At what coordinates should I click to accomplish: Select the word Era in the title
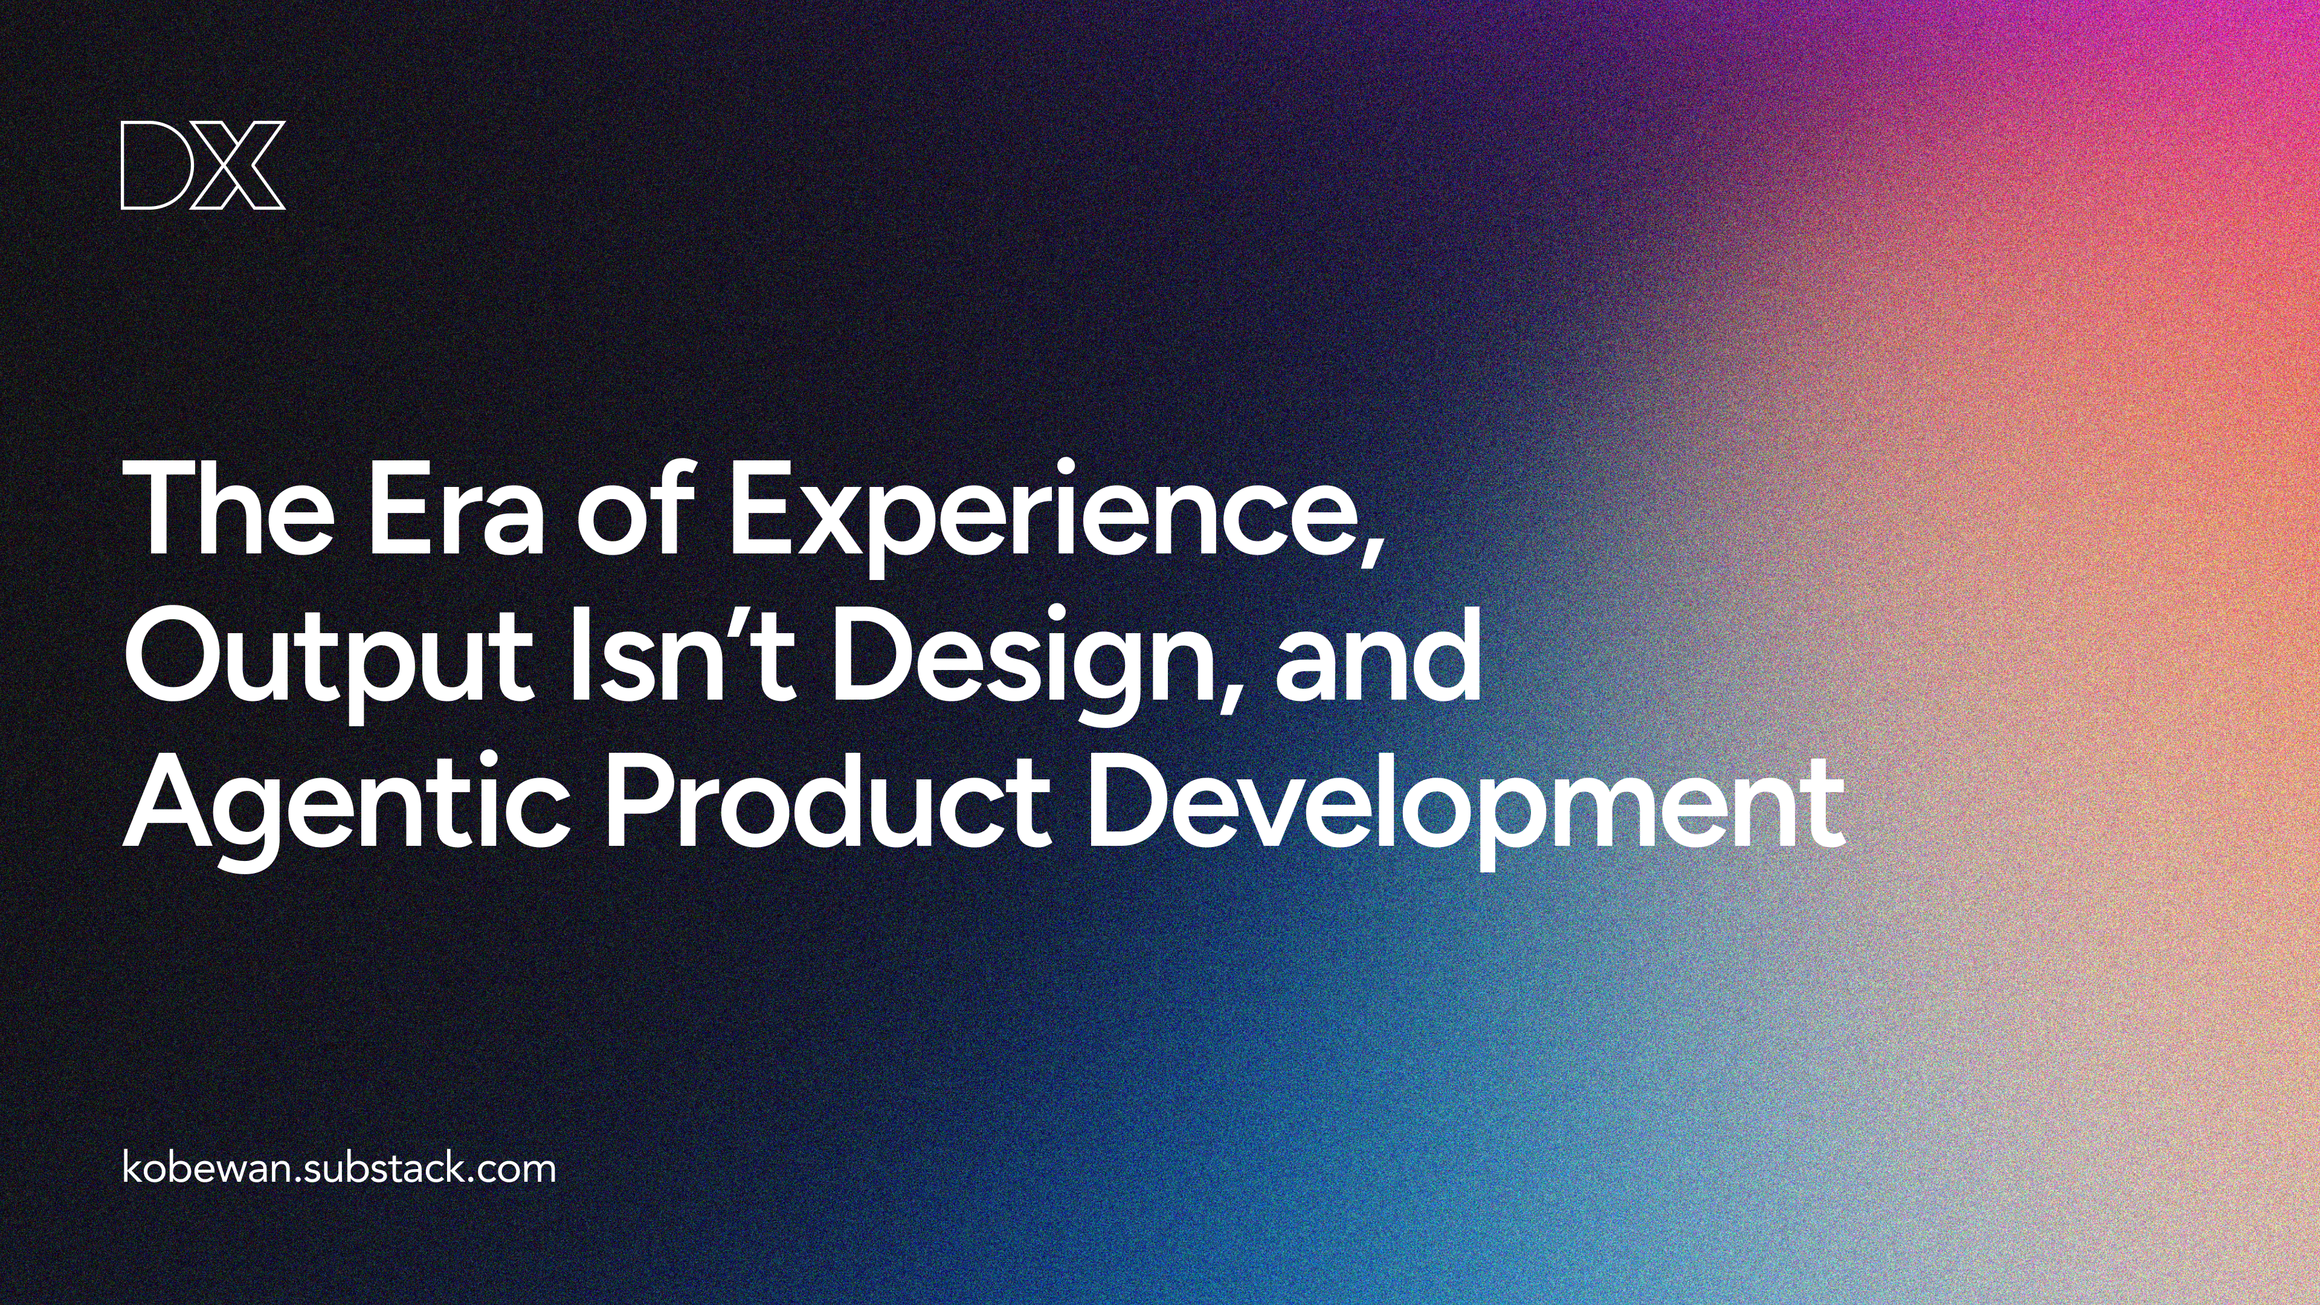pos(456,510)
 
